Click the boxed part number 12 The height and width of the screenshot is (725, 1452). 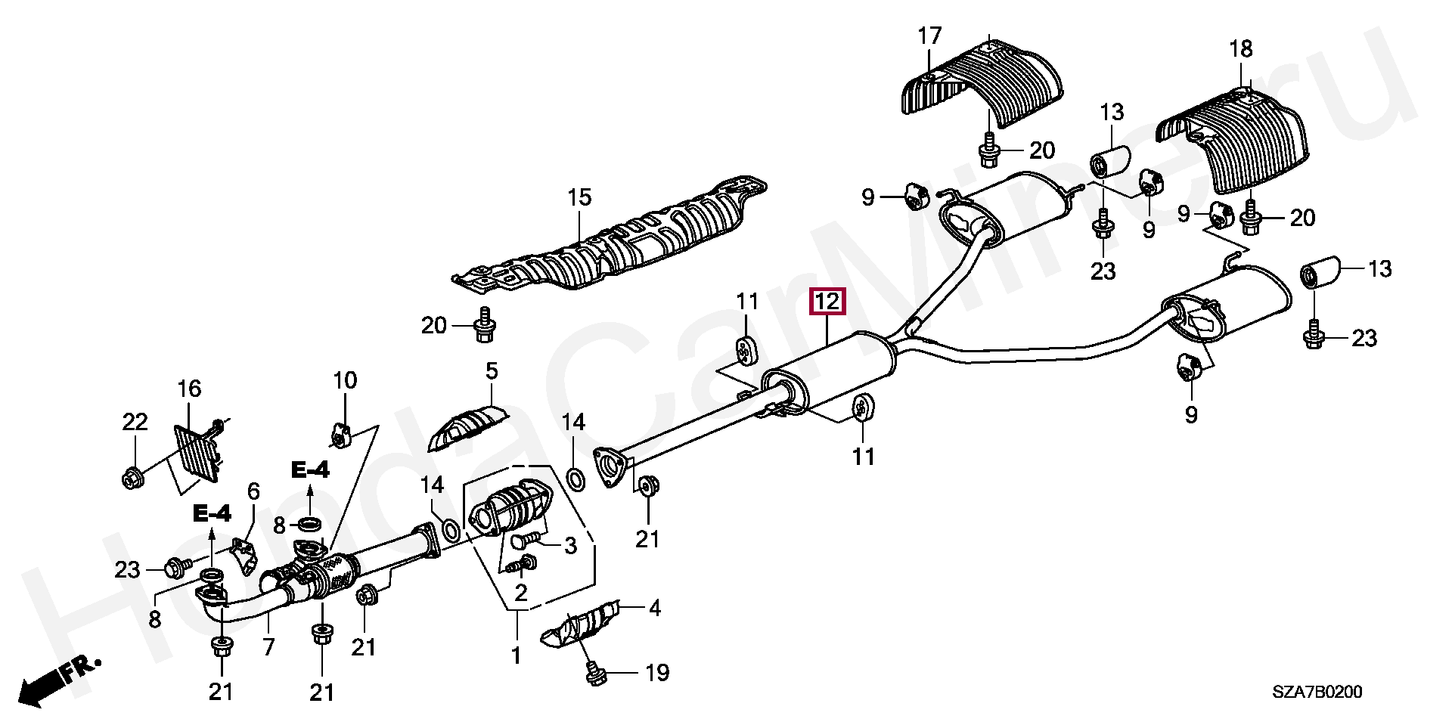point(828,302)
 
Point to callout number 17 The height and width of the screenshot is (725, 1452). point(929,36)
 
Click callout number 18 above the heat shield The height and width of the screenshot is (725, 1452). point(1240,49)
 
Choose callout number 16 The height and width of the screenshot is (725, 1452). point(189,389)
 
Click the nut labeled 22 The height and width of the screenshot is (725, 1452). point(131,477)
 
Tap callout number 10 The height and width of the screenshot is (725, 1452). point(345,380)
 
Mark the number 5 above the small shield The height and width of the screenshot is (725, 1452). point(492,371)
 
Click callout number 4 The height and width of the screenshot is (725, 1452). point(654,607)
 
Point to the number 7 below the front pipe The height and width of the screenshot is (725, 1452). point(268,647)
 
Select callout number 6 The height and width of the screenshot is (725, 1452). point(253,491)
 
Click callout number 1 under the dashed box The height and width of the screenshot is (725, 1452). point(516,655)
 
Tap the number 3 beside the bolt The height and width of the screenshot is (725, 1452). point(570,545)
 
